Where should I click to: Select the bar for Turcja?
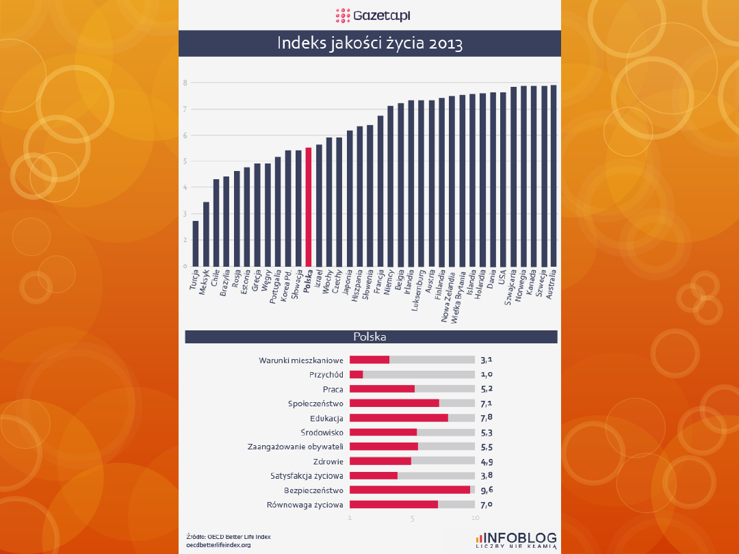click(x=196, y=243)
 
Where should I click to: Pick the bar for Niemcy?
click(x=391, y=185)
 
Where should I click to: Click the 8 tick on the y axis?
click(x=185, y=83)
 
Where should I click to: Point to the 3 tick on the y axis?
click(x=185, y=214)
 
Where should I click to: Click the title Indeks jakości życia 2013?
click(x=369, y=44)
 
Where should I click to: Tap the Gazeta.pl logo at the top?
click(x=369, y=14)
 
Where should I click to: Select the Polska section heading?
click(x=369, y=337)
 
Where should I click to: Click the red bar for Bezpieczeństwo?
click(x=410, y=490)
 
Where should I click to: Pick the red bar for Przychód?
click(x=356, y=374)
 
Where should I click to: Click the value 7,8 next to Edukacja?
click(x=487, y=418)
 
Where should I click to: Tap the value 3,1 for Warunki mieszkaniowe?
click(x=487, y=360)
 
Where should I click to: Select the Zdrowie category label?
click(x=328, y=461)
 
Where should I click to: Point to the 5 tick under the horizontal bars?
click(x=413, y=518)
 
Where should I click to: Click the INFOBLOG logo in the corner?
click(x=517, y=540)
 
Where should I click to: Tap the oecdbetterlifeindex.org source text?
click(x=218, y=545)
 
